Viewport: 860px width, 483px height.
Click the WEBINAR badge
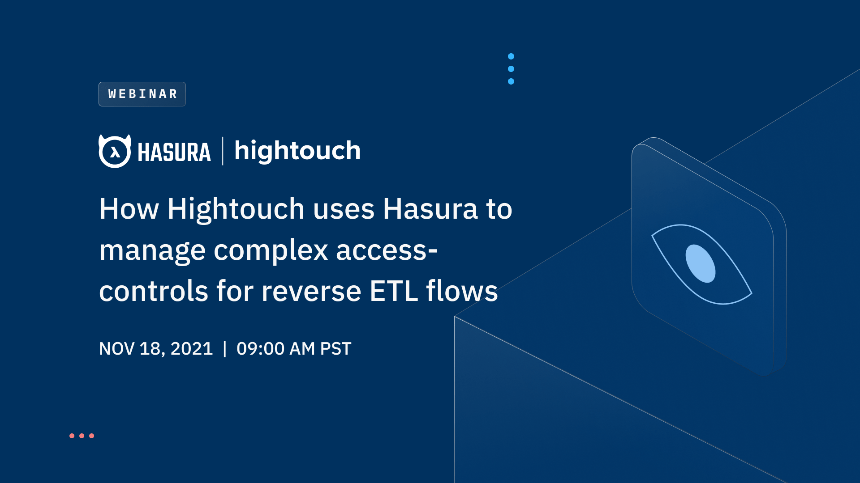[x=142, y=94]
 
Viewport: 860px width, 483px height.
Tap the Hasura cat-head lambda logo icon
[x=115, y=151]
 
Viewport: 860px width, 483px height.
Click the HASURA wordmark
[x=174, y=152]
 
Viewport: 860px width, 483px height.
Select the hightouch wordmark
[x=297, y=151]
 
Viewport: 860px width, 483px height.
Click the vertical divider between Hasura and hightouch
[x=223, y=151]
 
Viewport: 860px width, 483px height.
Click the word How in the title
[x=129, y=209]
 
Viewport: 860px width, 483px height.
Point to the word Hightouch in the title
[x=236, y=209]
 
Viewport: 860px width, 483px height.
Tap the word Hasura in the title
[x=430, y=209]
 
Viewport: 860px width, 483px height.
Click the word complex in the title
[x=271, y=250]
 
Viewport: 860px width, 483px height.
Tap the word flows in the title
[x=462, y=291]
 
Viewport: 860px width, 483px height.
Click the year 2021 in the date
[x=191, y=349]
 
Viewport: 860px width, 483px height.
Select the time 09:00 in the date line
[x=260, y=349]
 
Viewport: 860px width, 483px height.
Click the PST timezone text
[x=335, y=349]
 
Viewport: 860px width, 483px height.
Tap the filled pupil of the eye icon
[x=701, y=264]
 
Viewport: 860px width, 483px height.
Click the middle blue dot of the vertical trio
[x=511, y=69]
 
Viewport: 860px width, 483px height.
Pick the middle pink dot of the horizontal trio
[x=82, y=436]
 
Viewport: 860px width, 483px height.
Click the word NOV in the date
[x=116, y=349]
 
